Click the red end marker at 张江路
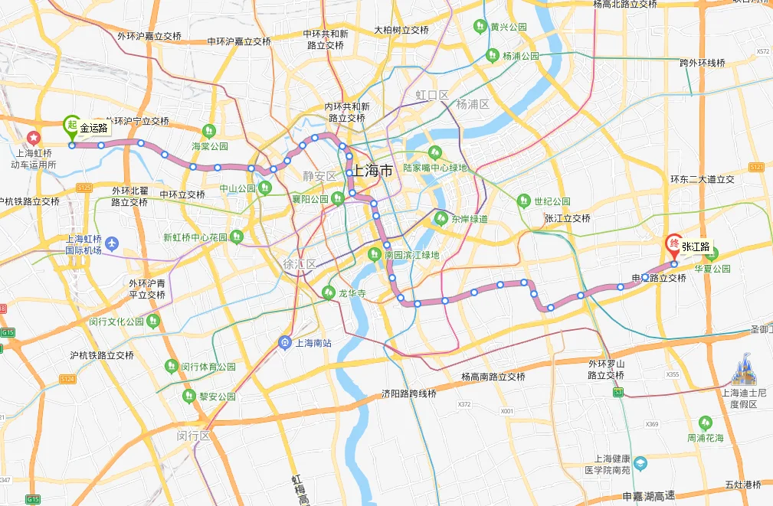click(674, 246)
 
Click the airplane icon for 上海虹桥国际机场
click(113, 243)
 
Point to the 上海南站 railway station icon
click(285, 342)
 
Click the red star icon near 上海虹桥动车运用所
click(34, 138)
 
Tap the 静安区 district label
click(320, 176)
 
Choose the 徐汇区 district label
click(300, 263)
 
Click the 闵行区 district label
click(192, 435)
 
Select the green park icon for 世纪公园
click(523, 201)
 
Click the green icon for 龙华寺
click(329, 292)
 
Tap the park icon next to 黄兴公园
click(480, 26)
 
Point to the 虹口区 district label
click(432, 94)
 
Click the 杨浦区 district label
click(472, 103)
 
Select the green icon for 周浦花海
click(705, 423)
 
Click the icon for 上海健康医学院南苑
click(640, 463)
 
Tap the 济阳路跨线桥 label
click(409, 393)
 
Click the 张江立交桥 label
click(568, 218)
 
